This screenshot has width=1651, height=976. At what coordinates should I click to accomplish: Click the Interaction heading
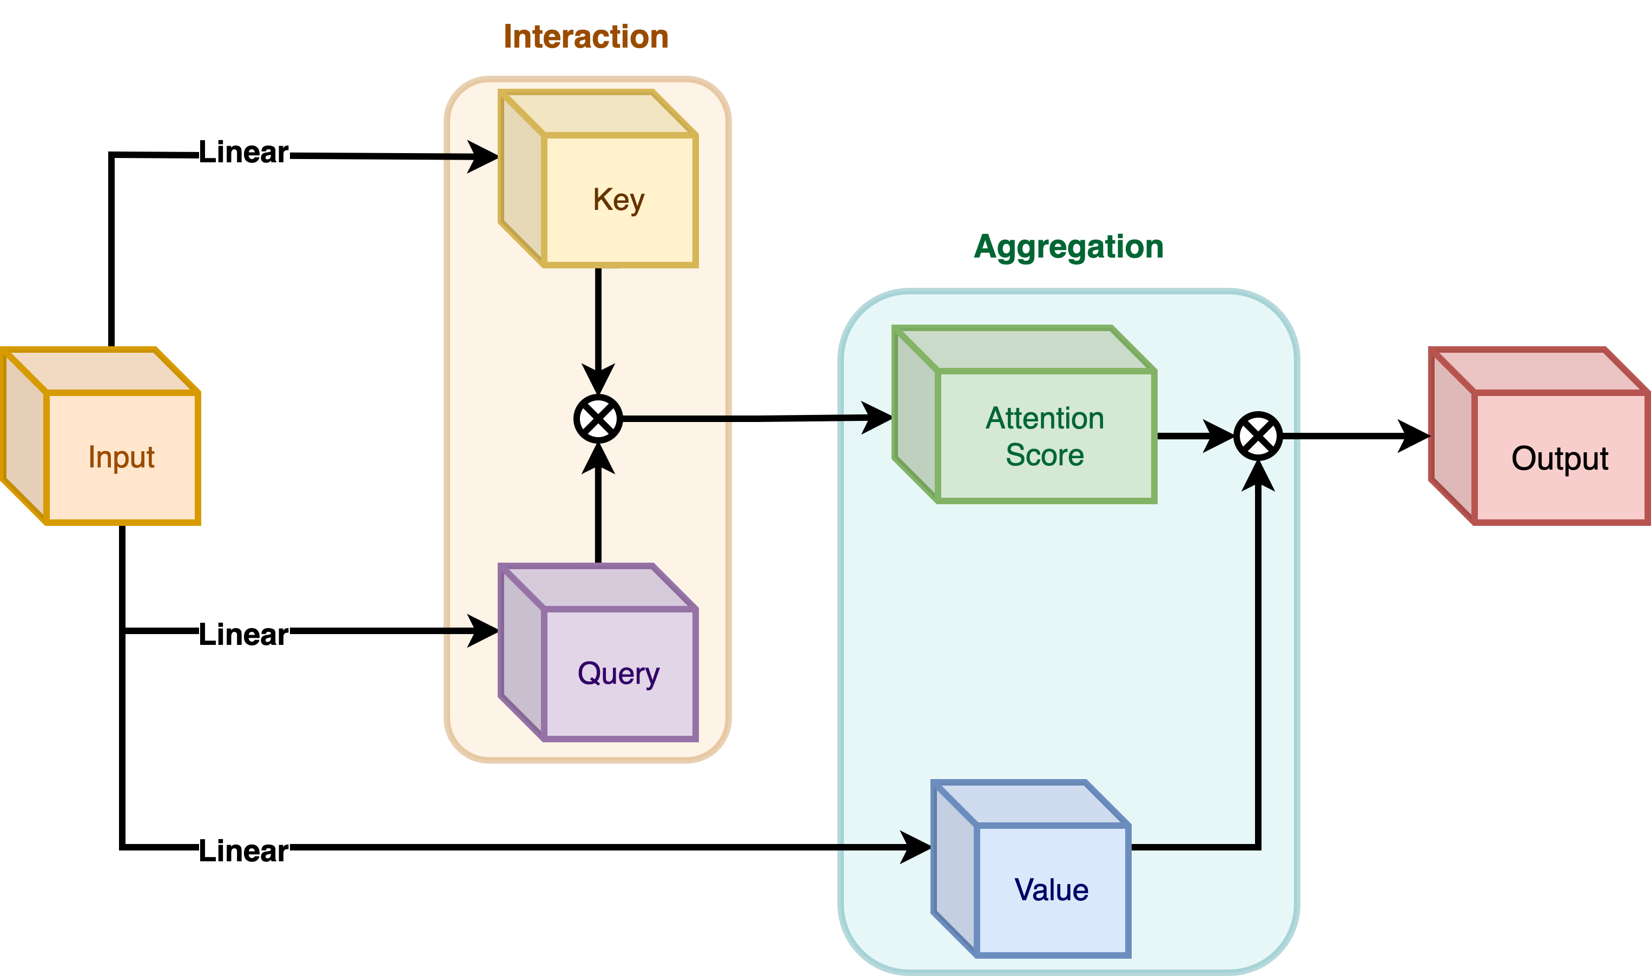pyautogui.click(x=586, y=37)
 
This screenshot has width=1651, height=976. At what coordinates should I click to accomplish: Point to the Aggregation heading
pyautogui.click(x=1068, y=247)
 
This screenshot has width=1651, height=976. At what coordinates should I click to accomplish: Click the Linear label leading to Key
pyautogui.click(x=243, y=153)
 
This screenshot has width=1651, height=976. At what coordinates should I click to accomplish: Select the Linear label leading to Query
pyautogui.click(x=243, y=635)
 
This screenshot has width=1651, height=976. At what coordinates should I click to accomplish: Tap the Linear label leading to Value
pyautogui.click(x=243, y=851)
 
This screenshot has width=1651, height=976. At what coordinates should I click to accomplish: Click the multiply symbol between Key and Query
pyautogui.click(x=598, y=419)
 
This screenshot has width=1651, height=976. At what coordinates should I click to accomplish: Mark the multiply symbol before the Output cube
pyautogui.click(x=1258, y=436)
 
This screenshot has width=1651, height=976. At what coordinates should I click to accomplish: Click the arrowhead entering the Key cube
pyautogui.click(x=483, y=156)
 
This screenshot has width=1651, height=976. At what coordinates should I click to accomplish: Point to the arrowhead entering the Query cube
pyautogui.click(x=483, y=631)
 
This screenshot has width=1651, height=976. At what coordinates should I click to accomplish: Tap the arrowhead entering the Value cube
pyautogui.click(x=916, y=847)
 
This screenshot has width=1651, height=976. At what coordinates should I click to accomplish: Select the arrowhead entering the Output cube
pyautogui.click(x=1414, y=436)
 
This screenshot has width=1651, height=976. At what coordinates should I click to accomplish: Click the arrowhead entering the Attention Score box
pyautogui.click(x=877, y=418)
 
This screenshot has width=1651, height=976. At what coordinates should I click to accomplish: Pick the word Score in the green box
pyautogui.click(x=1045, y=455)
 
